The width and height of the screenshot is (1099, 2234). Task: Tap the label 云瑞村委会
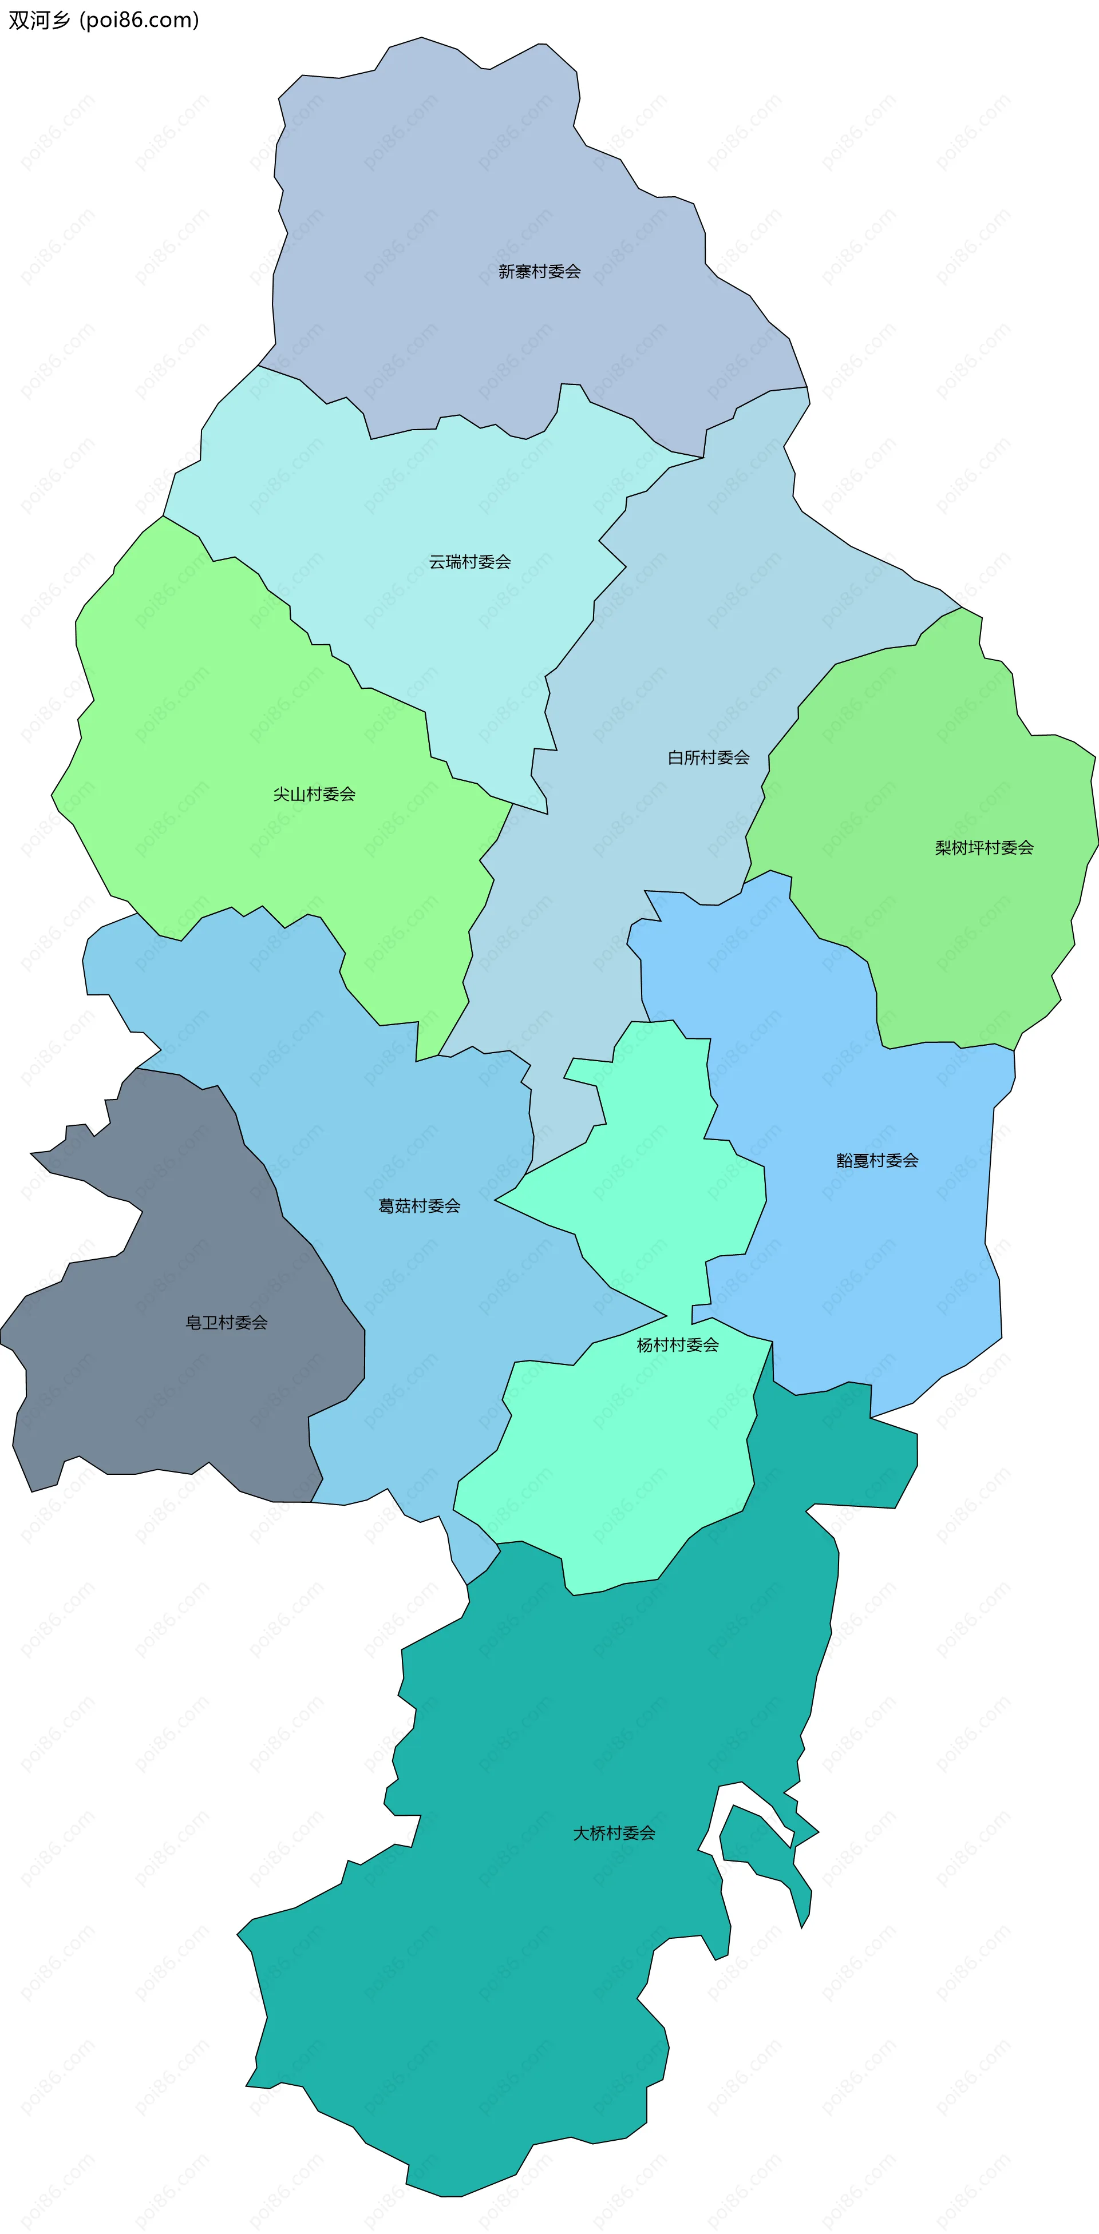pos(469,562)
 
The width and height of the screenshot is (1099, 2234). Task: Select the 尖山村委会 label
pos(314,795)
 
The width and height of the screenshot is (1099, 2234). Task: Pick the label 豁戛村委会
pos(877,1160)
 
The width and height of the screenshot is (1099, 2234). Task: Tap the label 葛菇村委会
pos(419,1205)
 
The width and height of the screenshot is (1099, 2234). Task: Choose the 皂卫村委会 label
pos(227,1323)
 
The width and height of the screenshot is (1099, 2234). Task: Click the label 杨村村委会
pos(678,1345)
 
